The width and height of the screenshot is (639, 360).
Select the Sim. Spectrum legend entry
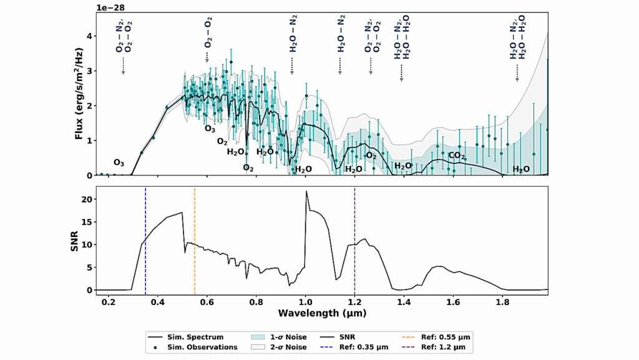pos(190,338)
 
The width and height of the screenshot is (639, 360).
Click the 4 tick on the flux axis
pos(89,36)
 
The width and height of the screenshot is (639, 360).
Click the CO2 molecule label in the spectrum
pos(457,155)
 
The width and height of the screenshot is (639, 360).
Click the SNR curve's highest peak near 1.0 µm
pos(306,192)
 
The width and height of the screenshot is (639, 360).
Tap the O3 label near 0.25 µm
pos(119,163)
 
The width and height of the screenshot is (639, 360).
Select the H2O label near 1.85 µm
pos(522,169)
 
